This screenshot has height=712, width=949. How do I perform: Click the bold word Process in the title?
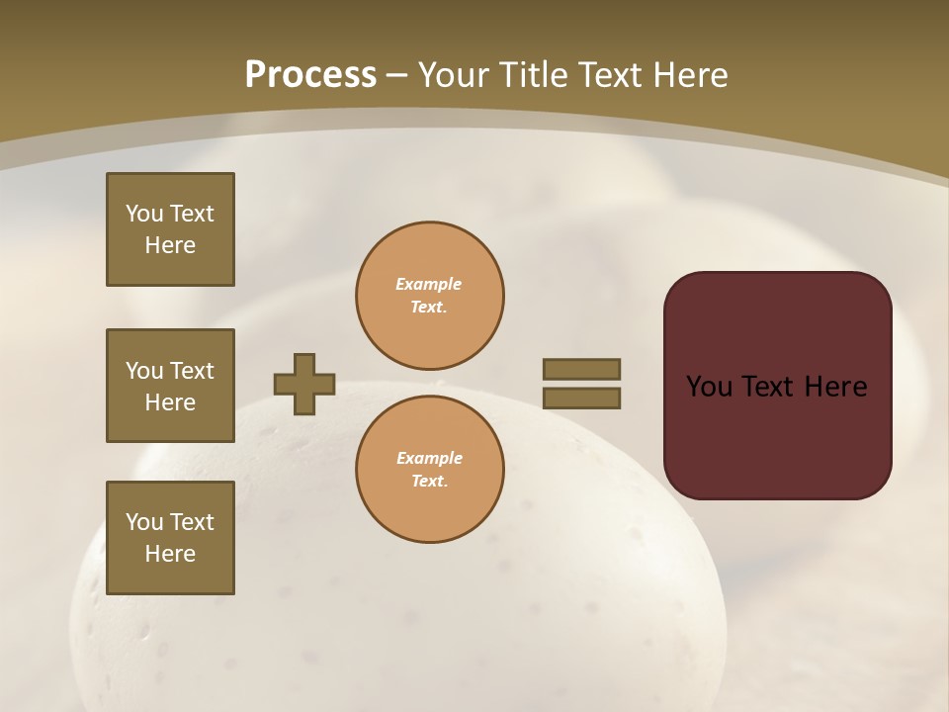tap(310, 75)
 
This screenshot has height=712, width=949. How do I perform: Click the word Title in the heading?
tap(535, 75)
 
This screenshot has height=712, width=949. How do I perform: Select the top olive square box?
tap(170, 229)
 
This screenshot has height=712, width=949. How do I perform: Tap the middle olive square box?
tap(170, 386)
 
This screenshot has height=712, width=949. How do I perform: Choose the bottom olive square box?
tap(170, 538)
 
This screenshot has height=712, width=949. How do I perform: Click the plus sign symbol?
tap(304, 384)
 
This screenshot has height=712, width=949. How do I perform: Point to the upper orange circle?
tap(430, 296)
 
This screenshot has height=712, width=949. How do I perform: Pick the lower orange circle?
tap(430, 470)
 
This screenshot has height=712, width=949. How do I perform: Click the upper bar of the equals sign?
tap(581, 369)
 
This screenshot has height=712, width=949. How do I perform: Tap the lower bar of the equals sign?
tap(581, 398)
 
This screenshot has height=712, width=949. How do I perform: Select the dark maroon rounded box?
tap(777, 385)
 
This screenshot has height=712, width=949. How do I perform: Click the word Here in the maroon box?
tap(835, 387)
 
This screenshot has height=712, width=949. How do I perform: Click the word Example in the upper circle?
tap(429, 284)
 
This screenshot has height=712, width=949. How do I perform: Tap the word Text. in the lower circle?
tap(429, 482)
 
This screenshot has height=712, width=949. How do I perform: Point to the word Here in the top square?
tap(170, 245)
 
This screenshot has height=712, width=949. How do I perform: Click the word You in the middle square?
tap(144, 371)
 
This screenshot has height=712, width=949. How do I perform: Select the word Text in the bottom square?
tap(192, 522)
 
